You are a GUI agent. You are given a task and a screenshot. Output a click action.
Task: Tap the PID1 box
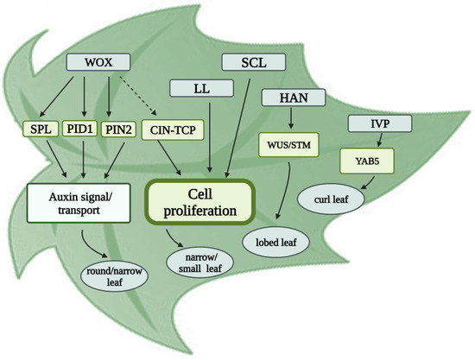[x=85, y=130]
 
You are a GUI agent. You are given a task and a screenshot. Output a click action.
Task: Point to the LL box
[x=202, y=87]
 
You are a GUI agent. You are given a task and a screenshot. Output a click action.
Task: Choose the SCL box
[x=253, y=61]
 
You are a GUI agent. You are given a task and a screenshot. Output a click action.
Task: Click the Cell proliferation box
[x=203, y=199]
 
